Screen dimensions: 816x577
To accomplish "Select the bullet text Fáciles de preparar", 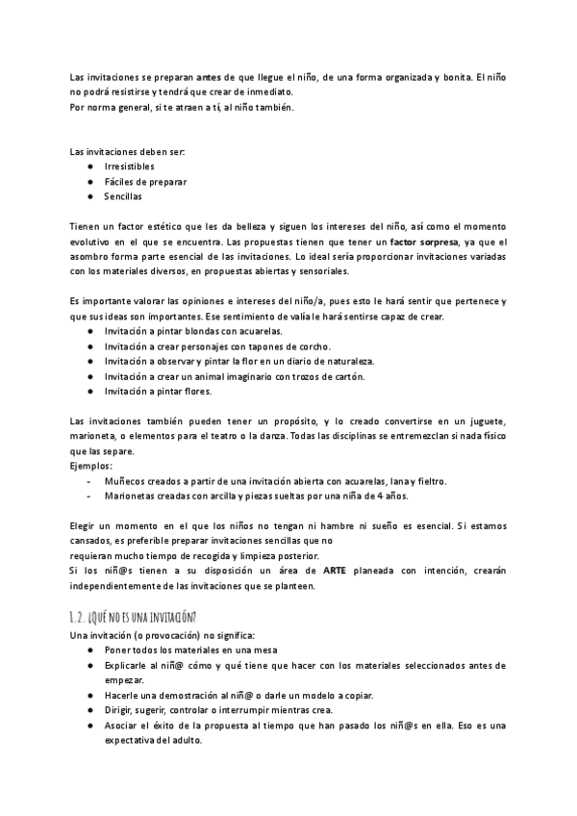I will pos(145,181).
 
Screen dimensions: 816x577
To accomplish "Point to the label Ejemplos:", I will pos(91,466).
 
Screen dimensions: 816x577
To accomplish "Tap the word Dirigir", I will pos(120,710).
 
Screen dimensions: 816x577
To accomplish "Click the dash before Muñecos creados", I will pos(89,481).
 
